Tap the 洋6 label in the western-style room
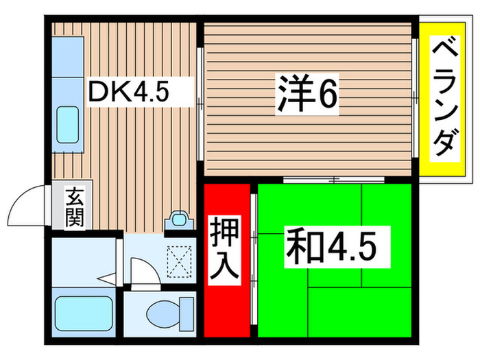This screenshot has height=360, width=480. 308,97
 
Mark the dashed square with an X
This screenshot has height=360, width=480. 179,261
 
